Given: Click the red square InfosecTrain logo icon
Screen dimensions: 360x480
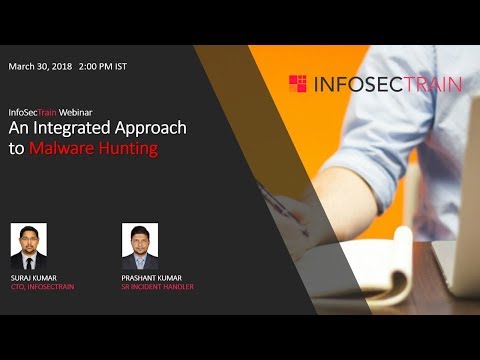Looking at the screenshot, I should click(x=297, y=83).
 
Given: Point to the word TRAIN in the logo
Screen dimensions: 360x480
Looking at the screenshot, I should click(x=429, y=83).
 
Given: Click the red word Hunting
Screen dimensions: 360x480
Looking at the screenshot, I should click(x=128, y=149).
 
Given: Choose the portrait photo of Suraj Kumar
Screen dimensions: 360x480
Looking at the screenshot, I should click(x=29, y=242).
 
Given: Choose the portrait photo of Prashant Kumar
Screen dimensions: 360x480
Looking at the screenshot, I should click(x=140, y=242).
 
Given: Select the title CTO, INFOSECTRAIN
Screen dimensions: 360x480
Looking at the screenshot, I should click(x=42, y=287).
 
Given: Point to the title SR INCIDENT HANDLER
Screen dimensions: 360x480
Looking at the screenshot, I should click(x=157, y=287).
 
